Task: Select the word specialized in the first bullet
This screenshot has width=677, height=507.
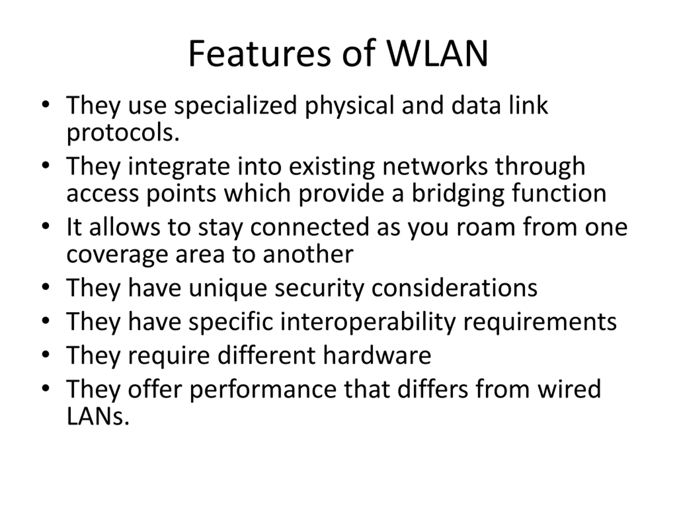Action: (x=235, y=105)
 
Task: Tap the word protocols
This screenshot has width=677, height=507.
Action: (x=123, y=133)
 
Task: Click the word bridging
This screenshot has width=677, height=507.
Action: (x=458, y=194)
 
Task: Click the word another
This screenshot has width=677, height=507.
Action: (x=308, y=255)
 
